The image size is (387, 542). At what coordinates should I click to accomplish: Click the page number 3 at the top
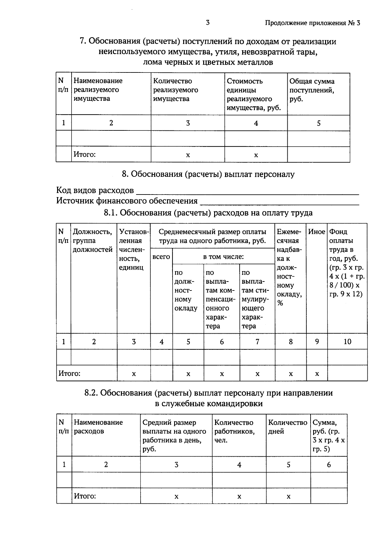coord(207,23)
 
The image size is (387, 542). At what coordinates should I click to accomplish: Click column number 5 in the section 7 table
coord(319,123)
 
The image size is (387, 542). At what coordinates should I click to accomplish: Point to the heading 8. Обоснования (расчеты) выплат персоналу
coord(208,174)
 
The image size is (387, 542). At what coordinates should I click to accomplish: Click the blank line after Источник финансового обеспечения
coord(279,202)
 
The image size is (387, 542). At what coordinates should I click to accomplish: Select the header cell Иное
coord(316,232)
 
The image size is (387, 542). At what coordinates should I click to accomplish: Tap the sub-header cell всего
coord(161,257)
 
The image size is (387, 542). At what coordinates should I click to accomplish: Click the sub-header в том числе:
coord(223,257)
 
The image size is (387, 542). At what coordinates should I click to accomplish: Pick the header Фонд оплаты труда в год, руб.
coord(347,262)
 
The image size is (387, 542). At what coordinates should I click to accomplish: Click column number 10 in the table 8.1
coord(347,342)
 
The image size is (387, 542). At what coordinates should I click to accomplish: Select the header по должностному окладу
coord(185,290)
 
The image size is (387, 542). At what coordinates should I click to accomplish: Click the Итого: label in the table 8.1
coord(69,374)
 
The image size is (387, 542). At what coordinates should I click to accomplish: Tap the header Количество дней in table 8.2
coord(288,427)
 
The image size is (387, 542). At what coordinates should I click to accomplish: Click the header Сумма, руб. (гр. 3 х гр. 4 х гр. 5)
coord(329,435)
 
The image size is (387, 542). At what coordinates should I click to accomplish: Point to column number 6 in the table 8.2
coord(329,465)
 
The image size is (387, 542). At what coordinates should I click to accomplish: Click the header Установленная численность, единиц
coord(133,250)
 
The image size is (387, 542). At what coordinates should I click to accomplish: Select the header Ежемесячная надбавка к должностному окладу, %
coord(290,267)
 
